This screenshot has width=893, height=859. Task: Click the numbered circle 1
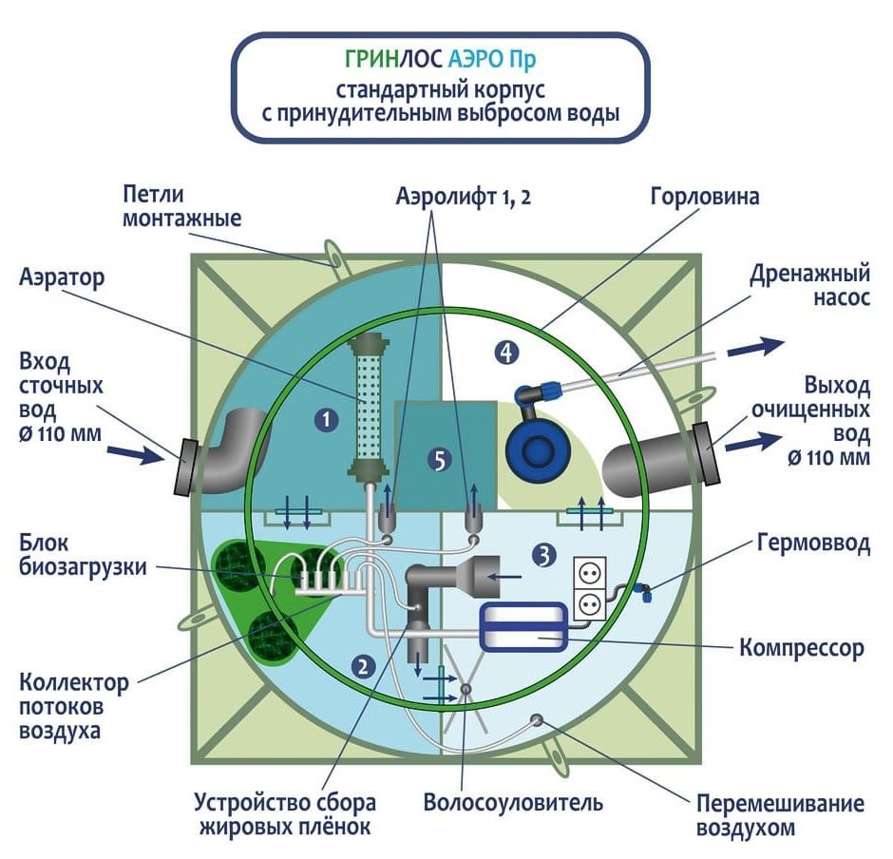point(327,420)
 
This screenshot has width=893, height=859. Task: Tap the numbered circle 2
point(364,666)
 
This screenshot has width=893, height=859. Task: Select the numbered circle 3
point(544,555)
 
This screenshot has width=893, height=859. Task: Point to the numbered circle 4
point(506,353)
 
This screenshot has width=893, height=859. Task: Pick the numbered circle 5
point(440,460)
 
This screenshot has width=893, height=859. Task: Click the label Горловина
point(705,197)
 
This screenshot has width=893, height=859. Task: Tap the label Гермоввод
point(813,543)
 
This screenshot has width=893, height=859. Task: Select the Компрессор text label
point(801,648)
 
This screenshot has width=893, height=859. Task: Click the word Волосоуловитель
point(513,803)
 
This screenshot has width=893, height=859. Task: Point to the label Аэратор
point(62,278)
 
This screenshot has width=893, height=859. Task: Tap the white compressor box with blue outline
point(523,626)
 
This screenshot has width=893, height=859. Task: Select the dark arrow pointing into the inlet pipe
point(136,453)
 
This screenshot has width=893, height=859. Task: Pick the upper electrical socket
point(589,573)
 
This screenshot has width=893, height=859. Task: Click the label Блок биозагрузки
point(84,555)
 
